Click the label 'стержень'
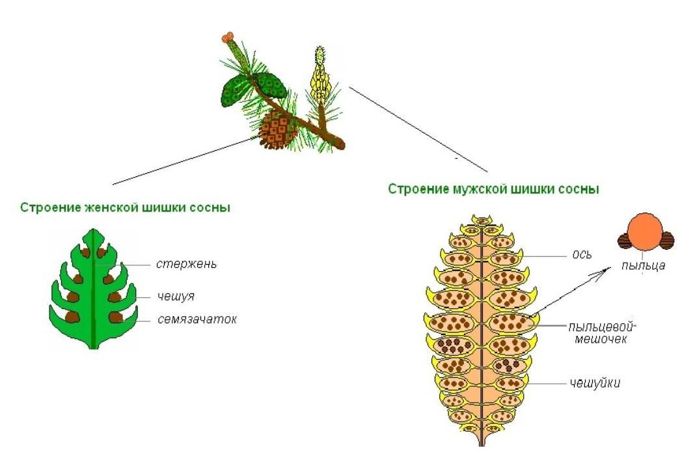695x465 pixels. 186,264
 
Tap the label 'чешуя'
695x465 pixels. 176,297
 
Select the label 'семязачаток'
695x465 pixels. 197,320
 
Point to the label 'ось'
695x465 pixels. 582,254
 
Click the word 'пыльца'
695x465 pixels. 644,265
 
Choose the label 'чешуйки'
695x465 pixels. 593,383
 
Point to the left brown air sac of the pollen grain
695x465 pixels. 625,241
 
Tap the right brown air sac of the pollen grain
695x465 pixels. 666,241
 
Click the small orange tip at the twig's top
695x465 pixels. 227,38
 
